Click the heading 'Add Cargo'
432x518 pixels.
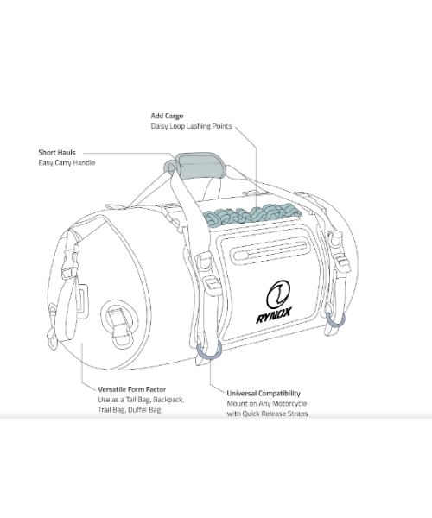[x=167, y=116]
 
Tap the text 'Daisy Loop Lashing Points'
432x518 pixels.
[x=191, y=126]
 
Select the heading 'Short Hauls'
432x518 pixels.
[x=57, y=153]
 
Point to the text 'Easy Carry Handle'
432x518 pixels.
[x=67, y=163]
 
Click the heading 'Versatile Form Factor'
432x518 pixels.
[x=132, y=389]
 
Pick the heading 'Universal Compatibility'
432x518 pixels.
[x=264, y=394]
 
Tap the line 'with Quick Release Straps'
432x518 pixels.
[x=267, y=414]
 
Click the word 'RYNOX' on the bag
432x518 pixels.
[x=274, y=315]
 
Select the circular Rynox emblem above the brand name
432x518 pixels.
[x=278, y=294]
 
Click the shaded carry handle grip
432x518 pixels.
[x=200, y=166]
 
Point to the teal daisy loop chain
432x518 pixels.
[x=251, y=214]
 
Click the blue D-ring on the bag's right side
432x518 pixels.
[x=335, y=320]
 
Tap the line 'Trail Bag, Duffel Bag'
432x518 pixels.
[x=130, y=410]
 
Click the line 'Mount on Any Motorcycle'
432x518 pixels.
[x=267, y=404]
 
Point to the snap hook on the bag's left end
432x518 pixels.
[x=52, y=338]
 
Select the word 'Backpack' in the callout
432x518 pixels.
[x=168, y=400]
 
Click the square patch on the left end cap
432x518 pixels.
[x=82, y=301]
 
